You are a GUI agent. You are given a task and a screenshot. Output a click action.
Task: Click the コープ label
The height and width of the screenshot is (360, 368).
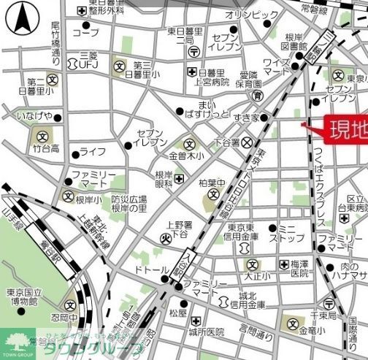pyautogui.click(x=85, y=33)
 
